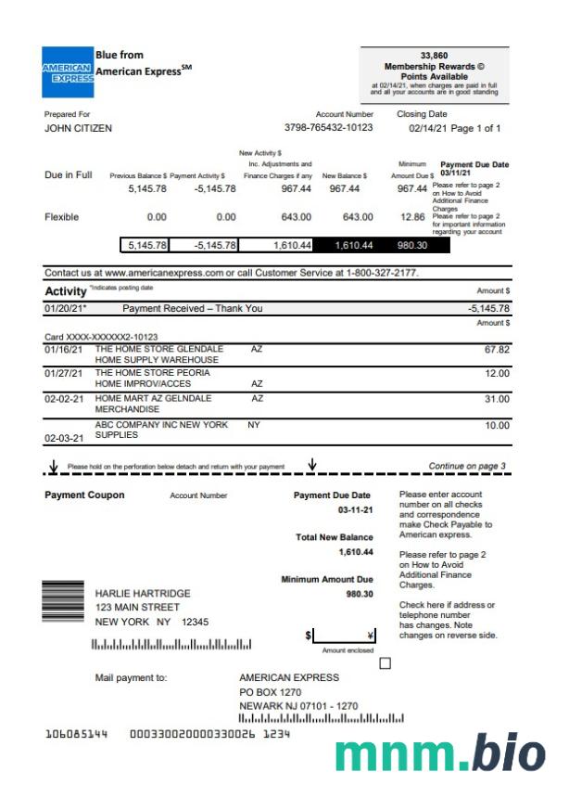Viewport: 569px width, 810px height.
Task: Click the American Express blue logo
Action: (x=68, y=72)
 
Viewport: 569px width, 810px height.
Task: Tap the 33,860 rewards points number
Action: (x=434, y=56)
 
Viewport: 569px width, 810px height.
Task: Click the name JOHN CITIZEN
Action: (x=78, y=129)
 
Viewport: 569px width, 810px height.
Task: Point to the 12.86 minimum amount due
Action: (x=413, y=217)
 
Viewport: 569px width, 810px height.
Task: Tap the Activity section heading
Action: (x=65, y=291)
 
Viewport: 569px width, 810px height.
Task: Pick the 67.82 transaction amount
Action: (x=497, y=350)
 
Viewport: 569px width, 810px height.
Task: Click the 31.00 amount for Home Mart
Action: (x=498, y=399)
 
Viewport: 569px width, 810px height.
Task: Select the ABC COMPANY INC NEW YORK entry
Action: (x=161, y=425)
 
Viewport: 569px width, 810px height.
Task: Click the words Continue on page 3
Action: (x=467, y=466)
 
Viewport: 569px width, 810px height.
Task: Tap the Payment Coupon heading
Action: (x=84, y=495)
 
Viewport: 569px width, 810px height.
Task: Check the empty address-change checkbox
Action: (x=386, y=662)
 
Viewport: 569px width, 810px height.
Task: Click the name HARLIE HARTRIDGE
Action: (x=143, y=593)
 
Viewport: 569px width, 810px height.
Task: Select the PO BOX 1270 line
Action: (x=271, y=692)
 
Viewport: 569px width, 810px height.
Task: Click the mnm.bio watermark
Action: (x=439, y=754)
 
